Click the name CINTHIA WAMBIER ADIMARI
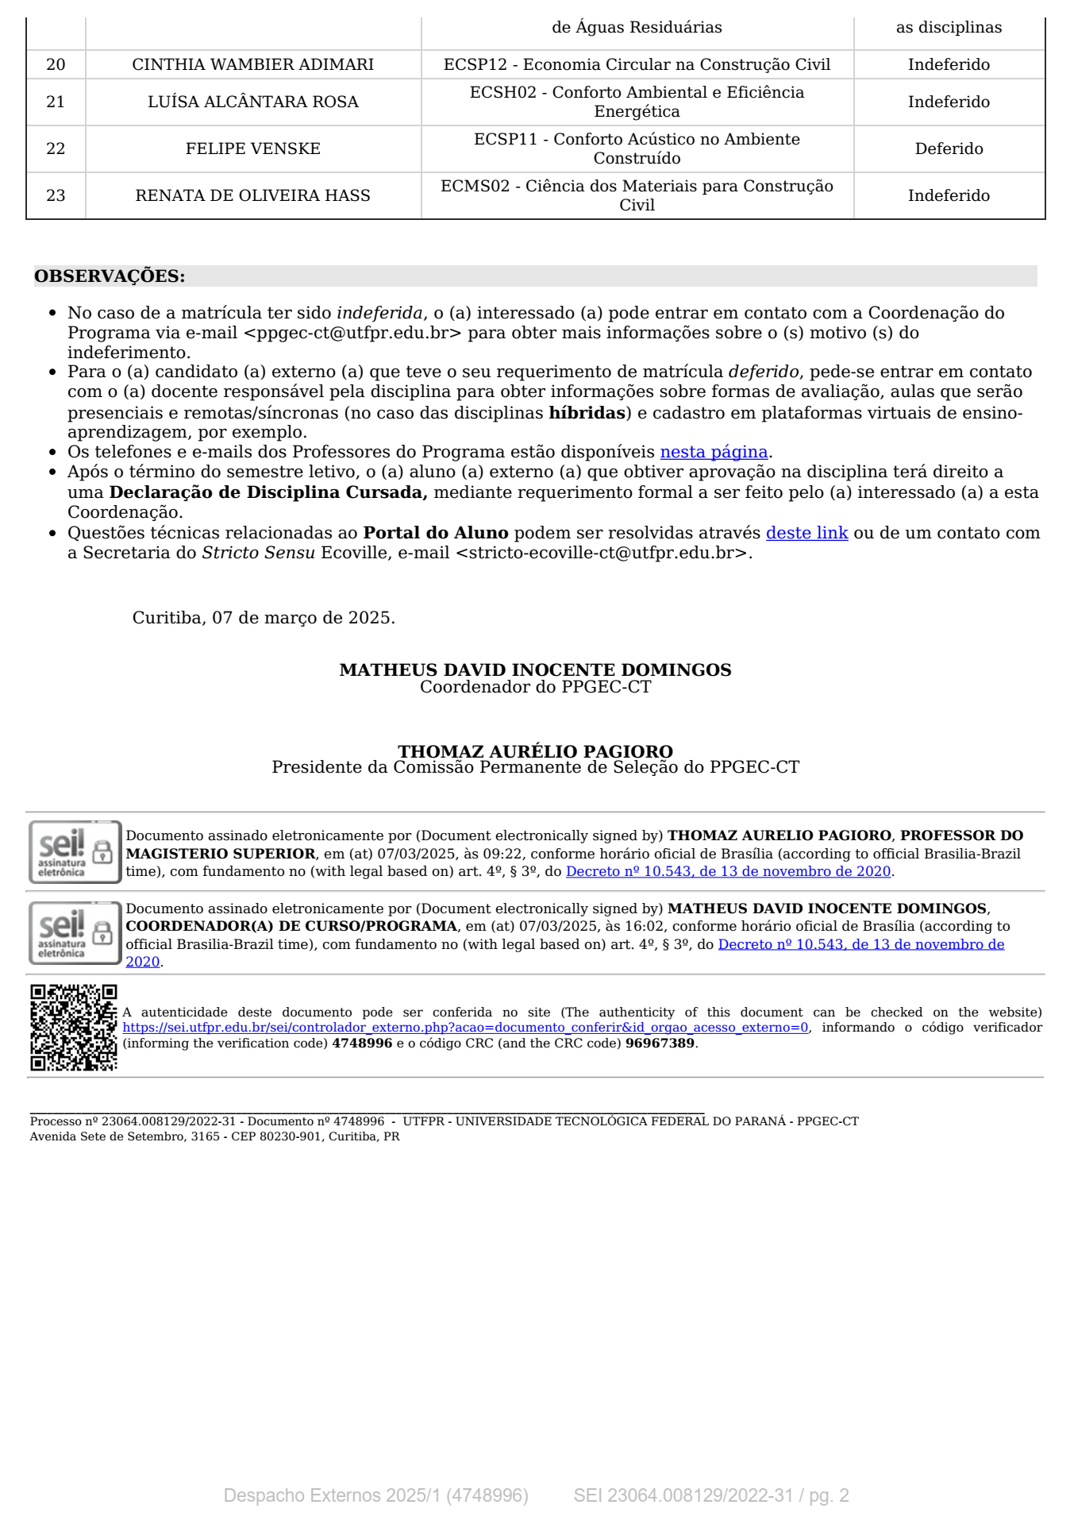(252, 64)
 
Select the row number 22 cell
(56, 149)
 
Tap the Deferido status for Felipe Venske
(949, 149)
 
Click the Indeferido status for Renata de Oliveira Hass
(949, 195)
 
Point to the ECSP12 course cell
(637, 64)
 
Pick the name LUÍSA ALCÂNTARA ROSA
(252, 102)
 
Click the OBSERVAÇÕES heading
(110, 276)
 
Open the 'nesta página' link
(714, 452)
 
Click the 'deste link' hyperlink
(806, 533)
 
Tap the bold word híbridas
(587, 413)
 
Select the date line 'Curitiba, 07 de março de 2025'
(264, 618)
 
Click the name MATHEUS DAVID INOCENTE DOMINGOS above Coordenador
(535, 669)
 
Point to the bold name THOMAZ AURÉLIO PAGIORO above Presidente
(535, 751)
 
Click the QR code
(74, 1028)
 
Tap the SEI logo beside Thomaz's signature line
(75, 852)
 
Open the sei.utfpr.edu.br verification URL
(465, 1028)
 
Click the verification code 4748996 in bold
(362, 1043)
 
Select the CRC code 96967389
(660, 1043)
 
